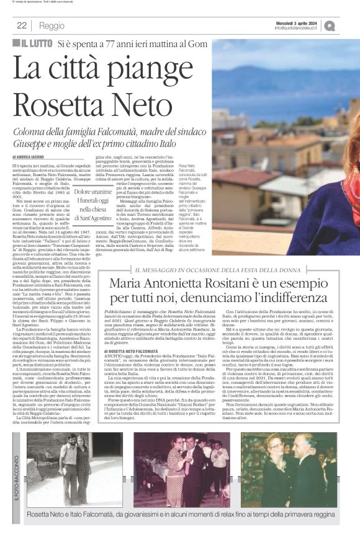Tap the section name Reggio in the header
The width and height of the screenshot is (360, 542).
tap(51, 26)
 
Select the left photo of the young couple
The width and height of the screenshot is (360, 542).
tap(67, 472)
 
